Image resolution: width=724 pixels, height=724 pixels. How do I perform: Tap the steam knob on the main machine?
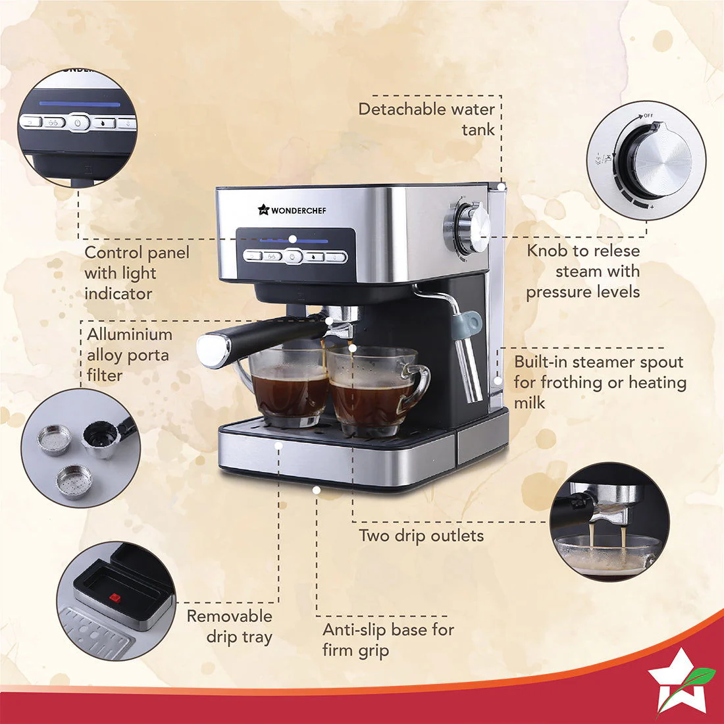pyautogui.click(x=469, y=226)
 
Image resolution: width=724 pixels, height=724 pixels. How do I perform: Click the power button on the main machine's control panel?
pyautogui.click(x=294, y=257)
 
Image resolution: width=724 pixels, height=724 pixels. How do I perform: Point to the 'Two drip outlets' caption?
pyautogui.click(x=421, y=535)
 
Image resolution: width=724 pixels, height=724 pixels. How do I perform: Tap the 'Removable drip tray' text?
pyautogui.click(x=230, y=626)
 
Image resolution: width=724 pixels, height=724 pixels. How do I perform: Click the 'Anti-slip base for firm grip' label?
pyautogui.click(x=388, y=640)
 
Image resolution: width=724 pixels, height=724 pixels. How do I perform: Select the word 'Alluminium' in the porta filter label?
pyautogui.click(x=130, y=334)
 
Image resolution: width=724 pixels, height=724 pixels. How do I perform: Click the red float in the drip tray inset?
pyautogui.click(x=115, y=598)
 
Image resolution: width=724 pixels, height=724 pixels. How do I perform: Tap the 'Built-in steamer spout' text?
pyautogui.click(x=599, y=362)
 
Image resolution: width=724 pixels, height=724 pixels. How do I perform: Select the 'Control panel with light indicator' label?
pyautogui.click(x=137, y=272)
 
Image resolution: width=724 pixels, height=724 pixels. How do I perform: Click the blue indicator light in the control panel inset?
pyautogui.click(x=79, y=103)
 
